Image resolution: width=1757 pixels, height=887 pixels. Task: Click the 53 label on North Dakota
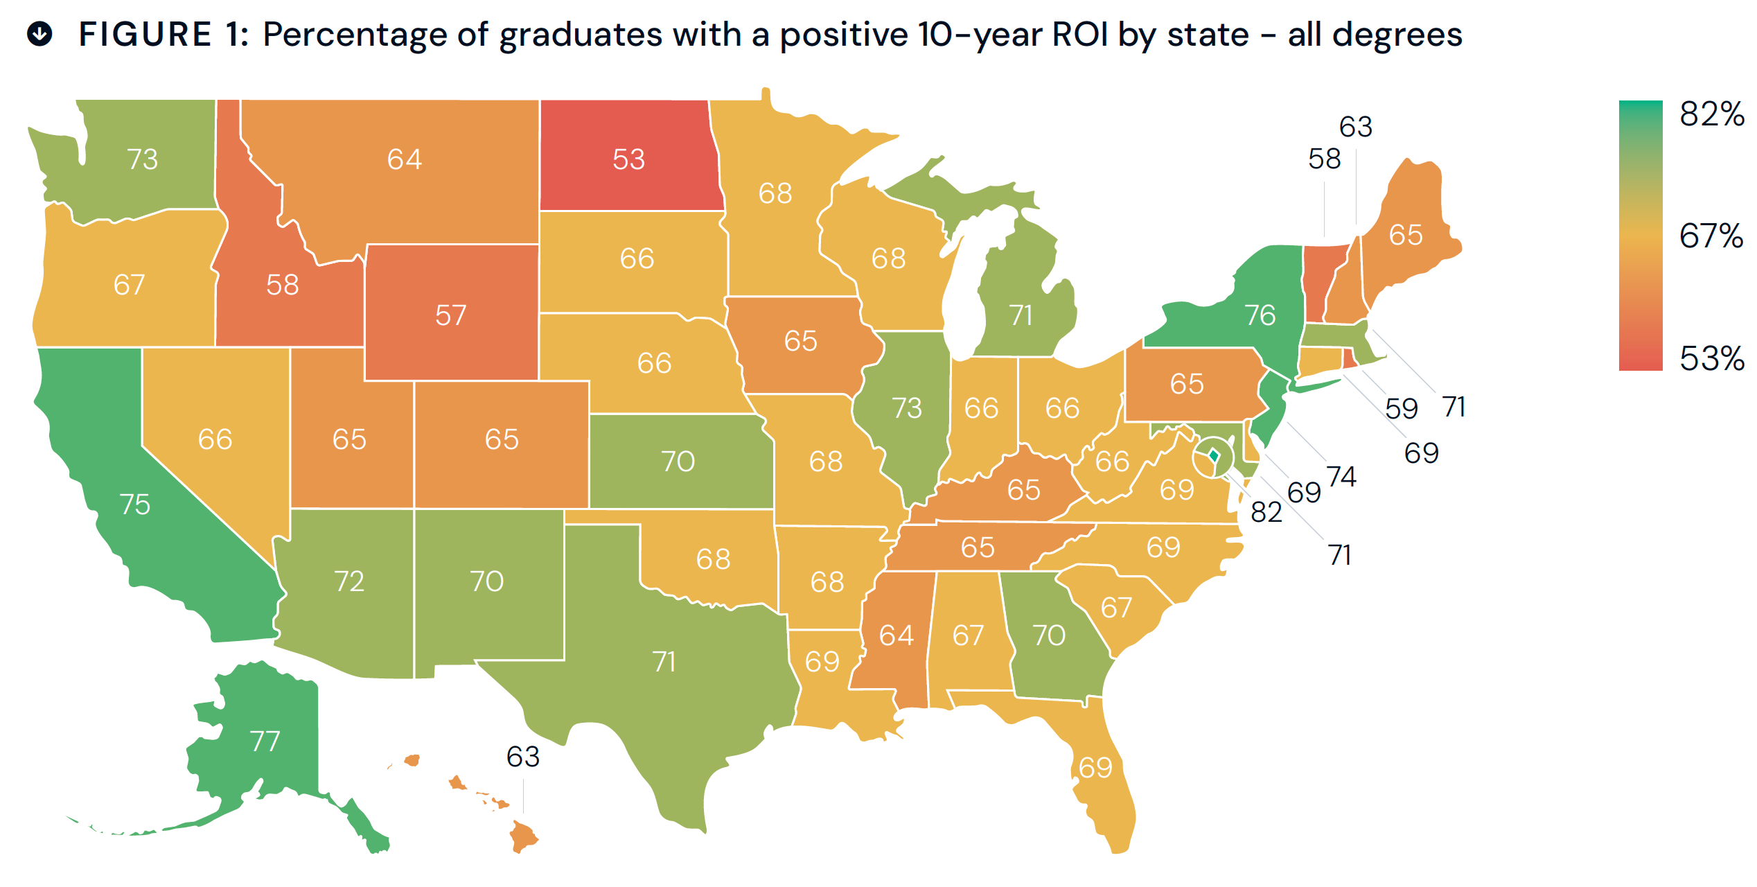click(x=628, y=159)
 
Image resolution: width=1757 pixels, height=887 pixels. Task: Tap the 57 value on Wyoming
click(x=450, y=315)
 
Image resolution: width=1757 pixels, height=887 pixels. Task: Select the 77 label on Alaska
click(x=265, y=741)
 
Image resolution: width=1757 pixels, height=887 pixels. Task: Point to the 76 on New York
click(x=1260, y=315)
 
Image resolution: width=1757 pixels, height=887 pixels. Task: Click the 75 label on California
click(x=134, y=504)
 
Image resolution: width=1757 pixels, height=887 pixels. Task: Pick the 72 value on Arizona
click(x=348, y=581)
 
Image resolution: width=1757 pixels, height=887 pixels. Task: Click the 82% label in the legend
click(x=1711, y=114)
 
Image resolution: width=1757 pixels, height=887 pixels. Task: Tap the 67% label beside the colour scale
click(x=1711, y=236)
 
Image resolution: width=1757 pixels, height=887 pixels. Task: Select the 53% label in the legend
click(x=1711, y=359)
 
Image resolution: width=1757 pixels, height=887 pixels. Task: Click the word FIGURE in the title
click(x=145, y=35)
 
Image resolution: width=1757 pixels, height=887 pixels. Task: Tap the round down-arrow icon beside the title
click(x=40, y=33)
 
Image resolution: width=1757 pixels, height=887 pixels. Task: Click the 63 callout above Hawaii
click(x=522, y=757)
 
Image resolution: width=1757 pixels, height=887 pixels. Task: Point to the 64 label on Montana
click(x=404, y=159)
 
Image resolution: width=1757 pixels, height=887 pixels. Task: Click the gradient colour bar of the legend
click(x=1640, y=236)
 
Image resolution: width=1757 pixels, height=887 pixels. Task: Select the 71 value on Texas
click(x=664, y=662)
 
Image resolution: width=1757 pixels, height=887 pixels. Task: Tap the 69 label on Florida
click(x=1095, y=768)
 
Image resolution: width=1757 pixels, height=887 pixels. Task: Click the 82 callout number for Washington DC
click(x=1266, y=512)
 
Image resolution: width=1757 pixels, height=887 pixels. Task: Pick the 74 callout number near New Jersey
click(x=1341, y=477)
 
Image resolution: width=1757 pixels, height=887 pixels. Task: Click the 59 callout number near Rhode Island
click(x=1401, y=408)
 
